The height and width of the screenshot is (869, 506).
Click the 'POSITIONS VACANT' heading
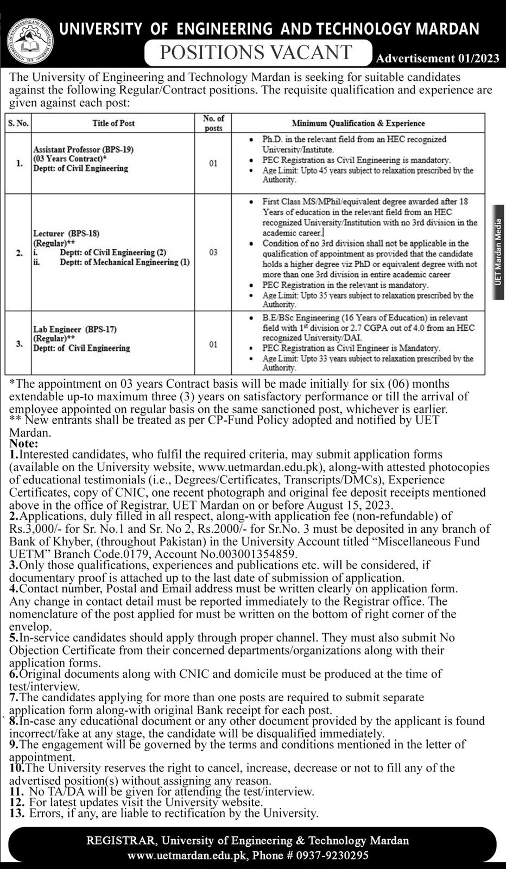(255, 52)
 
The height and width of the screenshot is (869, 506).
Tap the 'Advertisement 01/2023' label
(437, 58)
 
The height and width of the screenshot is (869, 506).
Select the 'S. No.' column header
(18, 123)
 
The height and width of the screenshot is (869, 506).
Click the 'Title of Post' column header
(113, 123)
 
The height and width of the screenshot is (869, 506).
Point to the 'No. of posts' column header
(213, 123)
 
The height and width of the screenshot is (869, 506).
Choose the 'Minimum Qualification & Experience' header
(358, 123)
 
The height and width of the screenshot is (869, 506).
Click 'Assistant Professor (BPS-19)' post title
(83, 149)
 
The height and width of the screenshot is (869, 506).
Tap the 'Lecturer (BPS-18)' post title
(67, 234)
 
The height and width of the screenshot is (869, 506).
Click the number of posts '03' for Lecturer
(213, 253)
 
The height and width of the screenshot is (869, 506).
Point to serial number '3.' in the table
(19, 343)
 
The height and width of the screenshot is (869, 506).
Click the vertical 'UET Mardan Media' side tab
(498, 251)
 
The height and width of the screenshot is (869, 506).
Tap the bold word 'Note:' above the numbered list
(22, 443)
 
